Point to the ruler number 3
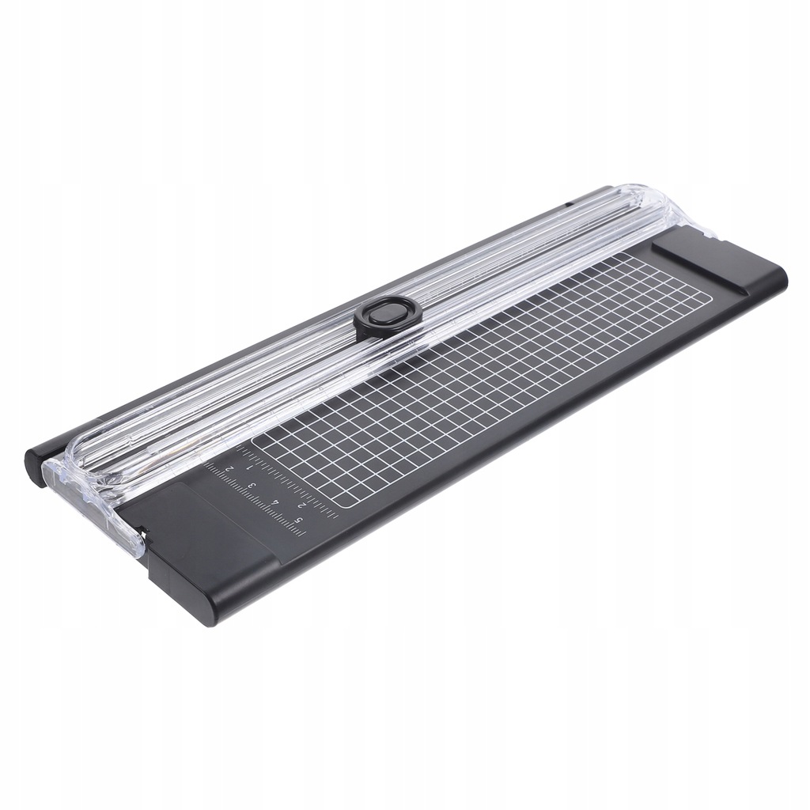tap(252, 486)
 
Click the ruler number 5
tap(298, 519)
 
